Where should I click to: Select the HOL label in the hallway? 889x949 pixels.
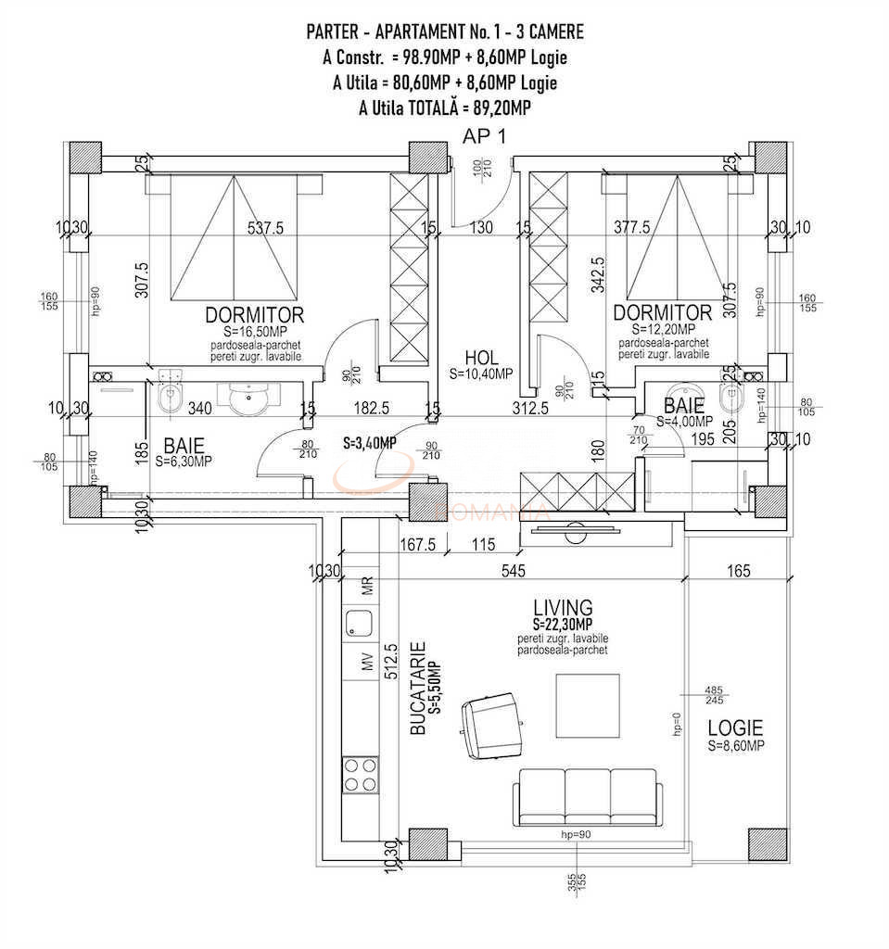point(481,357)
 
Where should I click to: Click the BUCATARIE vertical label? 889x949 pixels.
point(418,690)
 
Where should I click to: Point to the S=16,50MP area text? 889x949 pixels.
point(254,330)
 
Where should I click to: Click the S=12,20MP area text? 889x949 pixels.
point(662,329)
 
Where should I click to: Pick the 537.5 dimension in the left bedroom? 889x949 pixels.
point(265,229)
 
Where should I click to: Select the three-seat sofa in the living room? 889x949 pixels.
point(587,793)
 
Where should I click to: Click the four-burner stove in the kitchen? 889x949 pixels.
point(360,775)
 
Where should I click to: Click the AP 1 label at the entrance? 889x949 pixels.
point(484,136)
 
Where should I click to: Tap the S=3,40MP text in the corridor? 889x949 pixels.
point(369,443)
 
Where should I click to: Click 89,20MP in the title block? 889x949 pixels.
point(497,108)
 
